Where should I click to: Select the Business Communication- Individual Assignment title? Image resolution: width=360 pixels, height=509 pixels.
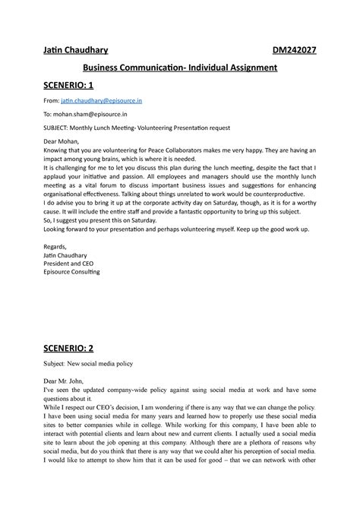(x=179, y=68)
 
